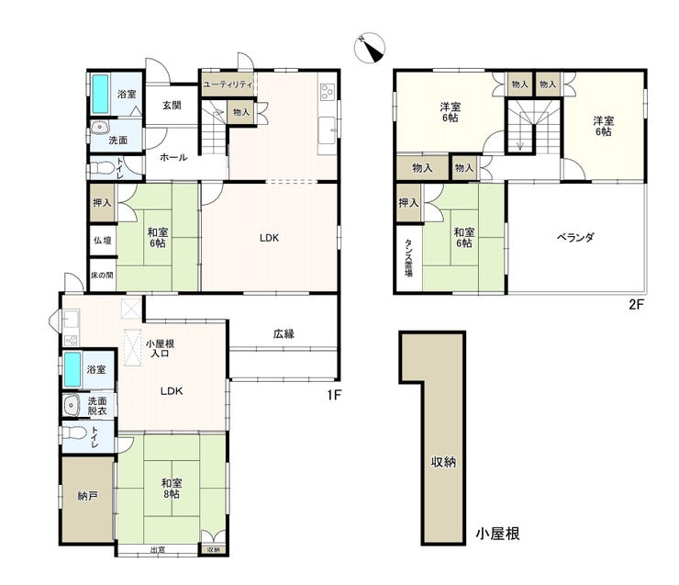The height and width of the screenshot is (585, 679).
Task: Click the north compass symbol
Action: pyautogui.click(x=370, y=48)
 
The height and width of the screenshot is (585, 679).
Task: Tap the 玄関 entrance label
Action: pyautogui.click(x=172, y=106)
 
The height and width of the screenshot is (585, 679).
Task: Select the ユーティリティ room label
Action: pyautogui.click(x=228, y=84)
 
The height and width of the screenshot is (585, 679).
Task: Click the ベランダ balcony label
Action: pyautogui.click(x=575, y=237)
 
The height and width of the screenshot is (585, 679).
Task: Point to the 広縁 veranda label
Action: pyautogui.click(x=284, y=333)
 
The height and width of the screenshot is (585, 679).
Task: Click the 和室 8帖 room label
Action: pyautogui.click(x=172, y=489)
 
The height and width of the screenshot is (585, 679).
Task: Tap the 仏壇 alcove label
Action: pyautogui.click(x=103, y=240)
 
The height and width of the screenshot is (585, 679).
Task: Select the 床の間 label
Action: pyautogui.click(x=102, y=275)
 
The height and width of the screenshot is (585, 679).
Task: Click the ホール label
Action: pyautogui.click(x=173, y=157)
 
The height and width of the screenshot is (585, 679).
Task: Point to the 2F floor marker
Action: pyautogui.click(x=637, y=305)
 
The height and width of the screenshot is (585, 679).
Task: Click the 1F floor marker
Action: pyautogui.click(x=334, y=395)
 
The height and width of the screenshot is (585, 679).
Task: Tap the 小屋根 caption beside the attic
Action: pyautogui.click(x=497, y=533)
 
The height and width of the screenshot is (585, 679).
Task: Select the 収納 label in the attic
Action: pyautogui.click(x=443, y=462)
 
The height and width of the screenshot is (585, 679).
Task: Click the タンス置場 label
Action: pyautogui.click(x=409, y=258)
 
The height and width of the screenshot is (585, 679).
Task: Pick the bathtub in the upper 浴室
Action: pyautogui.click(x=100, y=94)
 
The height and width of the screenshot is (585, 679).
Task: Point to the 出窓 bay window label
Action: pyautogui.click(x=158, y=550)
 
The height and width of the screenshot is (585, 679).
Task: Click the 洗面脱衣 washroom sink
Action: pyautogui.click(x=71, y=406)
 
